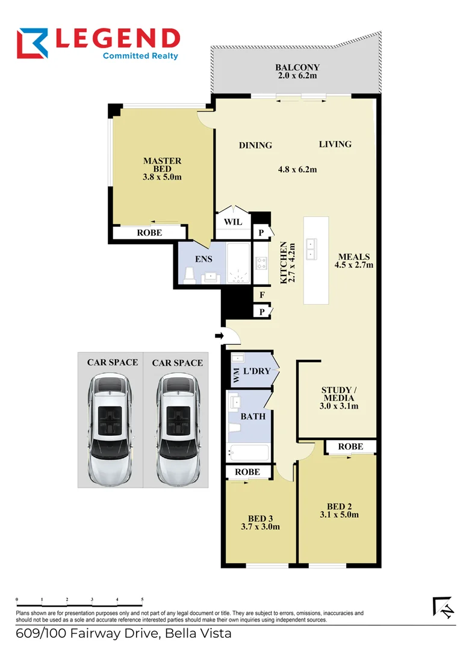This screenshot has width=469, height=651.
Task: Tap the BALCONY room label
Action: [x=297, y=68]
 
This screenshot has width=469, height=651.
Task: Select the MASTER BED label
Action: [x=162, y=165]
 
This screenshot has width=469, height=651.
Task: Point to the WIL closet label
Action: [x=233, y=222]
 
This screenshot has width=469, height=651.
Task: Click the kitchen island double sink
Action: [x=312, y=249]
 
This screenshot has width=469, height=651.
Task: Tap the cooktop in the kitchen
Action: [x=262, y=263]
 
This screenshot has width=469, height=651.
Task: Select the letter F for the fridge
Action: [x=262, y=295]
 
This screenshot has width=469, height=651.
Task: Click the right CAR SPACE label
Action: [x=177, y=363]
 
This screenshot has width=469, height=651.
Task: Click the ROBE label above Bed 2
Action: [x=350, y=447]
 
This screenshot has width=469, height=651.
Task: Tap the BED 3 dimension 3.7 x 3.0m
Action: [x=259, y=527]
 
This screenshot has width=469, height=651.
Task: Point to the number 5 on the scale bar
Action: [x=142, y=600]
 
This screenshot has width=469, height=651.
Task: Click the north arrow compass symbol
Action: [x=443, y=608]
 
